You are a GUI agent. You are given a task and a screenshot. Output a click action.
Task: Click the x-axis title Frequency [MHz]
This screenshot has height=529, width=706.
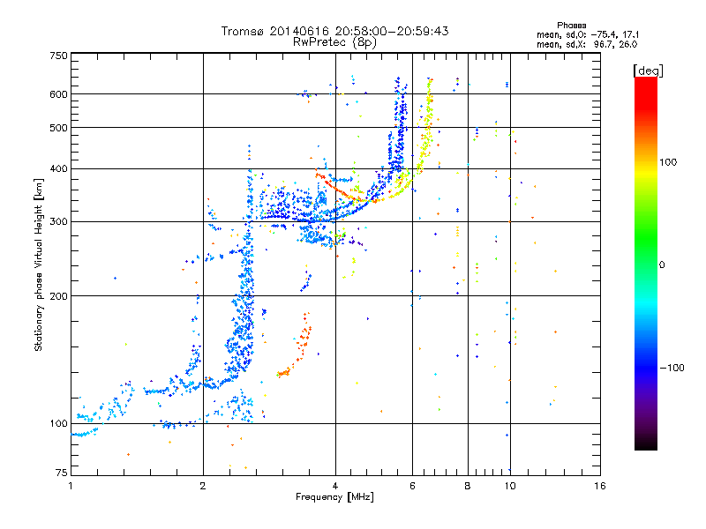pyautogui.click(x=334, y=497)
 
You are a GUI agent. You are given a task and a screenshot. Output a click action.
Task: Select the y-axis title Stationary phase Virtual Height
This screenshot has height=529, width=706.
pyautogui.click(x=39, y=264)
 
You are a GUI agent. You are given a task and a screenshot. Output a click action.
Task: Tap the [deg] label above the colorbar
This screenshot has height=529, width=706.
pyautogui.click(x=649, y=70)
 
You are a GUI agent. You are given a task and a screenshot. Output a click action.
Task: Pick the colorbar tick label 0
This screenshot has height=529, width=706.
pyautogui.click(x=663, y=264)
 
